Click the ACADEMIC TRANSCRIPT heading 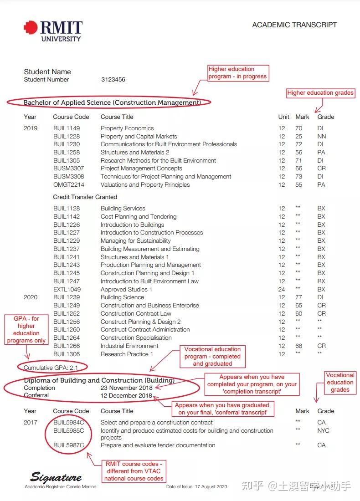tap(294, 25)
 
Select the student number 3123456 tap(113, 80)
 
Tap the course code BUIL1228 tap(67, 136)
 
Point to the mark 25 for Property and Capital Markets tap(298, 136)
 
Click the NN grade tap(321, 136)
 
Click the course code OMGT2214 tap(68, 185)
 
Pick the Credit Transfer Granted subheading tap(85, 197)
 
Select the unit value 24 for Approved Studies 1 tap(282, 289)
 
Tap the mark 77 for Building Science tap(298, 297)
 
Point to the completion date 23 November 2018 tap(127, 388)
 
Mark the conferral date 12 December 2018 tap(127, 395)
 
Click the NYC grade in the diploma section tap(323, 430)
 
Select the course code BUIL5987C tap(68, 445)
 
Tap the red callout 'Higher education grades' tap(320, 93)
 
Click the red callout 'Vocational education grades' tap(340, 383)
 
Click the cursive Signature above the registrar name tap(56, 477)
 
